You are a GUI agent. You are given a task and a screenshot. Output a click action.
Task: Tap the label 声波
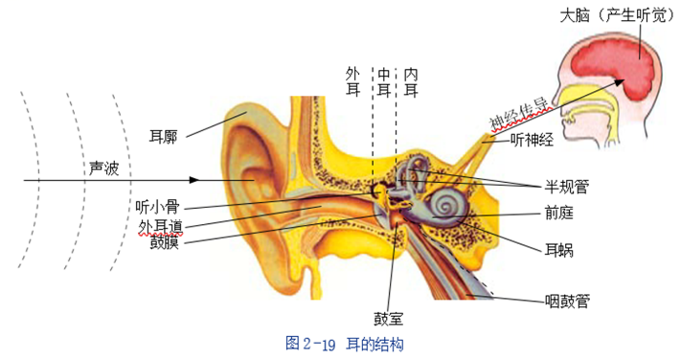[103, 168]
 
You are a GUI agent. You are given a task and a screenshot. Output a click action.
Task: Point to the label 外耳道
[160, 225]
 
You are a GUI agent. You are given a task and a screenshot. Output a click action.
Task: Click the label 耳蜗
[558, 251]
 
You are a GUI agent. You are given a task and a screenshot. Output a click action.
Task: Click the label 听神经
[532, 141]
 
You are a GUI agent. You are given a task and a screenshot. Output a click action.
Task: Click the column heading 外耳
[352, 81]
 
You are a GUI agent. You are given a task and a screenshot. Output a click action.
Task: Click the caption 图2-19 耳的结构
[344, 342]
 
